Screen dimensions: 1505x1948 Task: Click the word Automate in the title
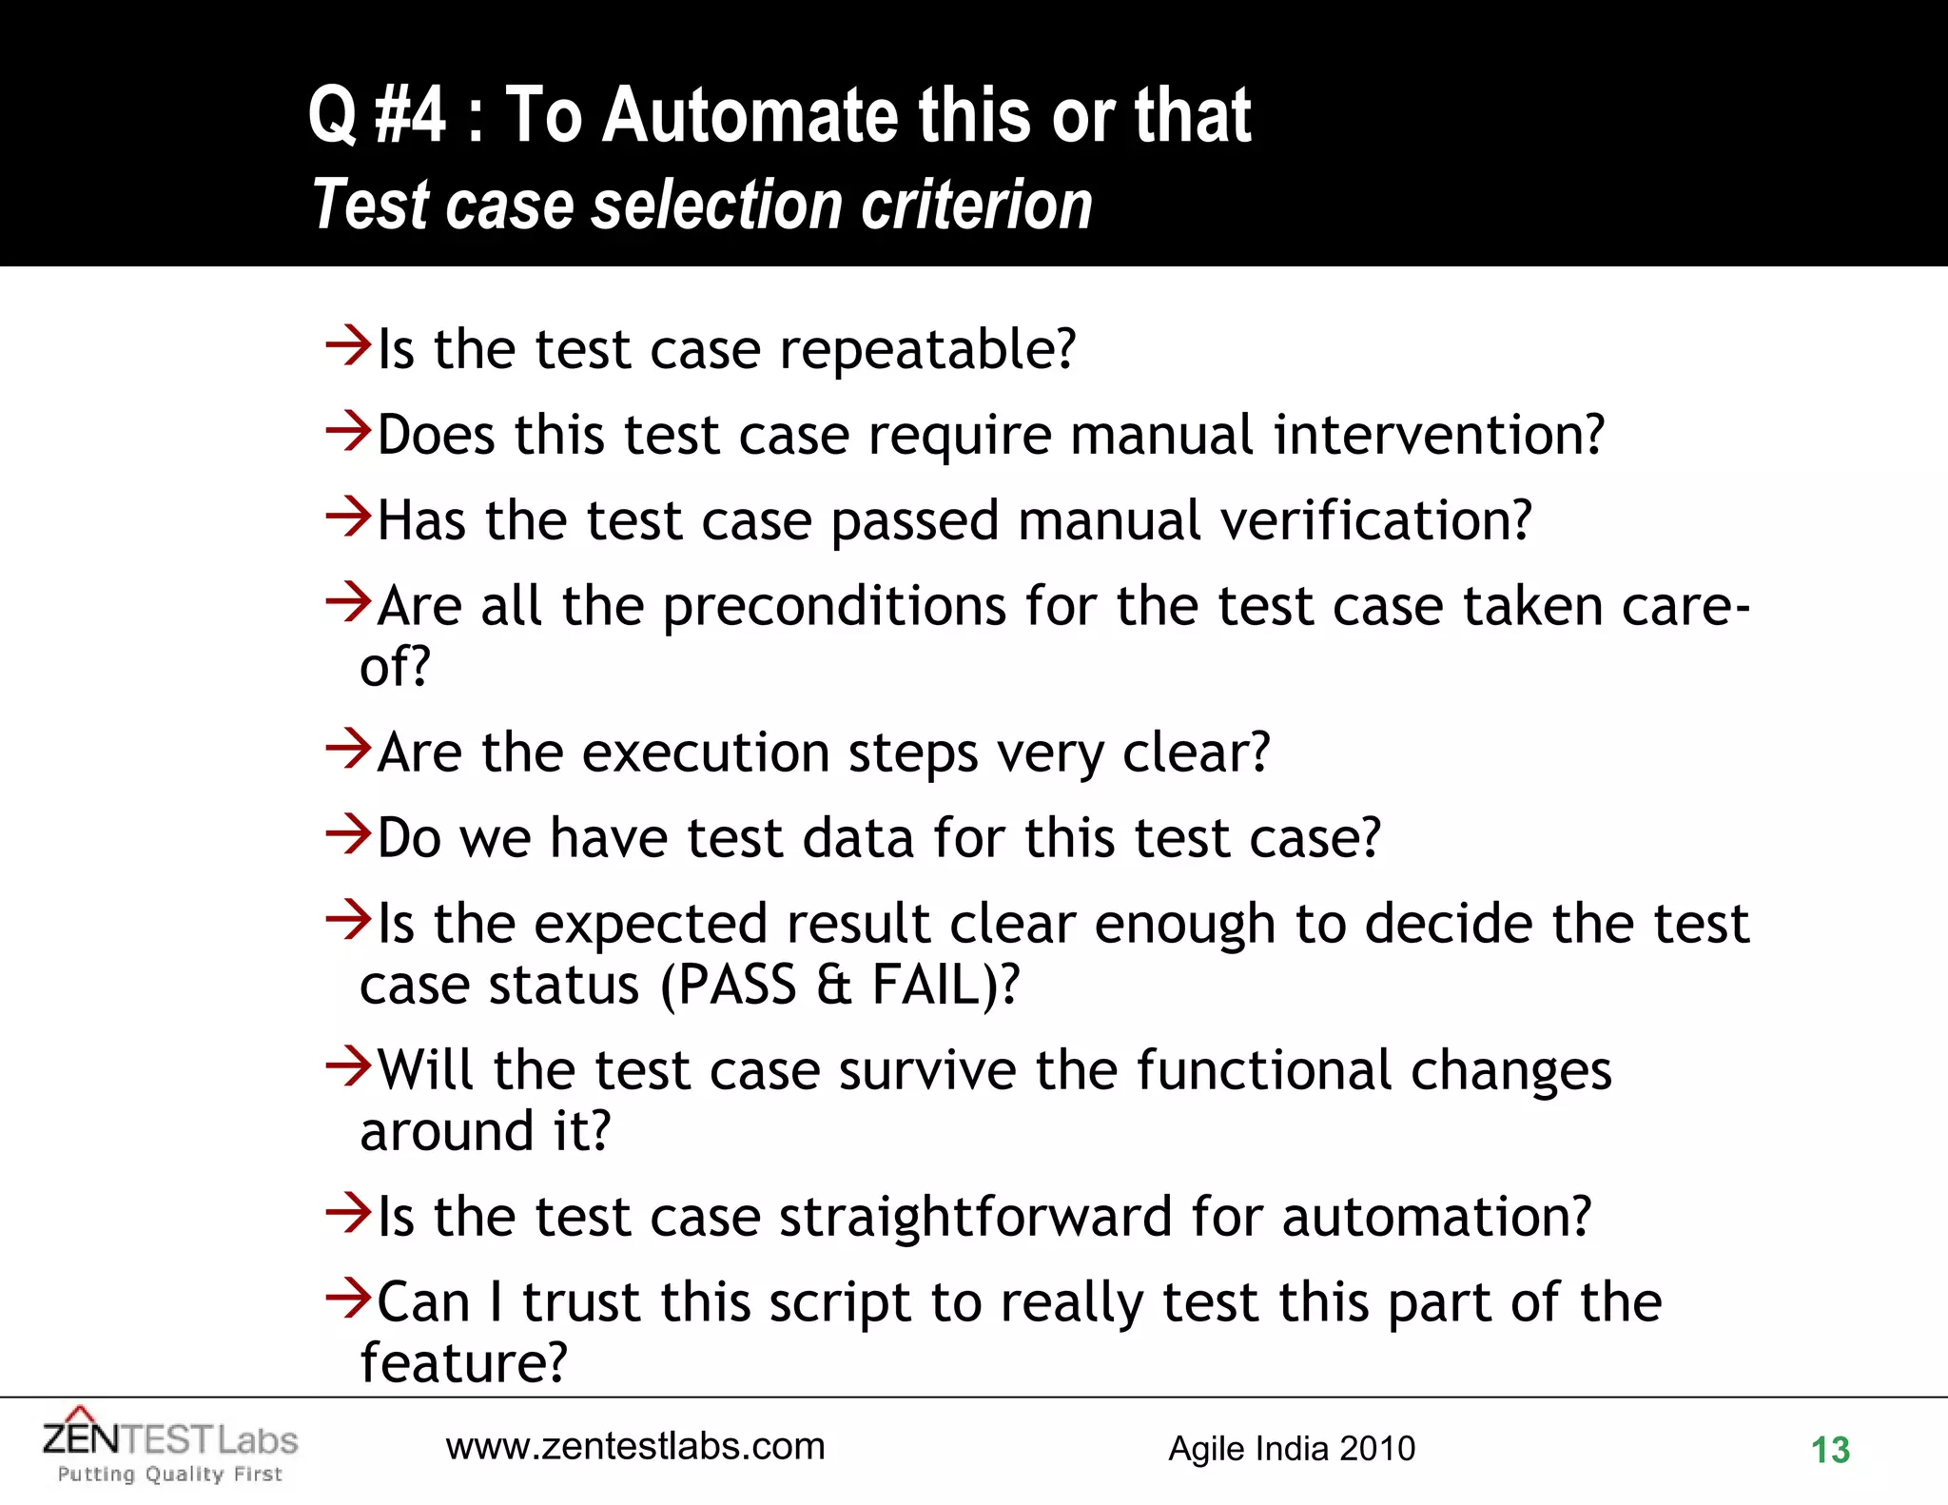(x=751, y=116)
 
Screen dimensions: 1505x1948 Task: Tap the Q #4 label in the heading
(x=377, y=116)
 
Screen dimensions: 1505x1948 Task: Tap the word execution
(x=706, y=753)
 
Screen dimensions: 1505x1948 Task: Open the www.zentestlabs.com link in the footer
(x=635, y=1447)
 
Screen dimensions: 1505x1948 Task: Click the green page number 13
(x=1830, y=1451)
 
